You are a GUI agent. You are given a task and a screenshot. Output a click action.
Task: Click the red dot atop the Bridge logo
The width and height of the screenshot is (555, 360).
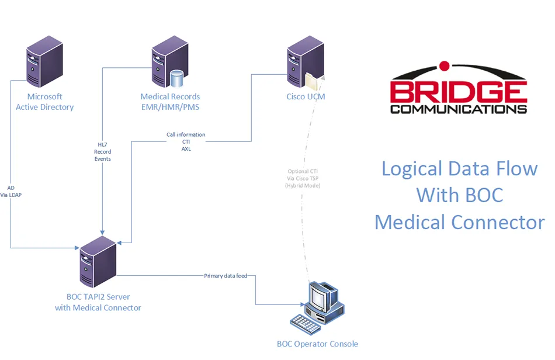pyautogui.click(x=445, y=65)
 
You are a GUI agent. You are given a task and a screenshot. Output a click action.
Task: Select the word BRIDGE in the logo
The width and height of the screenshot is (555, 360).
pyautogui.click(x=459, y=92)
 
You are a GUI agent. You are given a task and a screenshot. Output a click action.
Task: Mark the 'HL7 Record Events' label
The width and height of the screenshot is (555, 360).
pyautogui.click(x=102, y=151)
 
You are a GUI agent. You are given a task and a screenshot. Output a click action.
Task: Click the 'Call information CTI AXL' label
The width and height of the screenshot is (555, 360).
pyautogui.click(x=186, y=141)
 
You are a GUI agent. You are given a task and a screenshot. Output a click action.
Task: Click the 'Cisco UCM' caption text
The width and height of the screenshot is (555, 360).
pyautogui.click(x=306, y=96)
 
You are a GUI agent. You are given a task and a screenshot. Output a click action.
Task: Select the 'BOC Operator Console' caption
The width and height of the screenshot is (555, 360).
pyautogui.click(x=317, y=344)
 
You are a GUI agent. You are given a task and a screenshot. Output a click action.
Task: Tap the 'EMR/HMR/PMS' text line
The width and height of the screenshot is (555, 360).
pyautogui.click(x=170, y=107)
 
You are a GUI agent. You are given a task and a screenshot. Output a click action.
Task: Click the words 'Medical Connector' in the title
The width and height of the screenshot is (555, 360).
pyautogui.click(x=459, y=222)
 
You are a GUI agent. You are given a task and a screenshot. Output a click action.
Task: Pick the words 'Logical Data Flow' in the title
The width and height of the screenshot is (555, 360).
pyautogui.click(x=459, y=169)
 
